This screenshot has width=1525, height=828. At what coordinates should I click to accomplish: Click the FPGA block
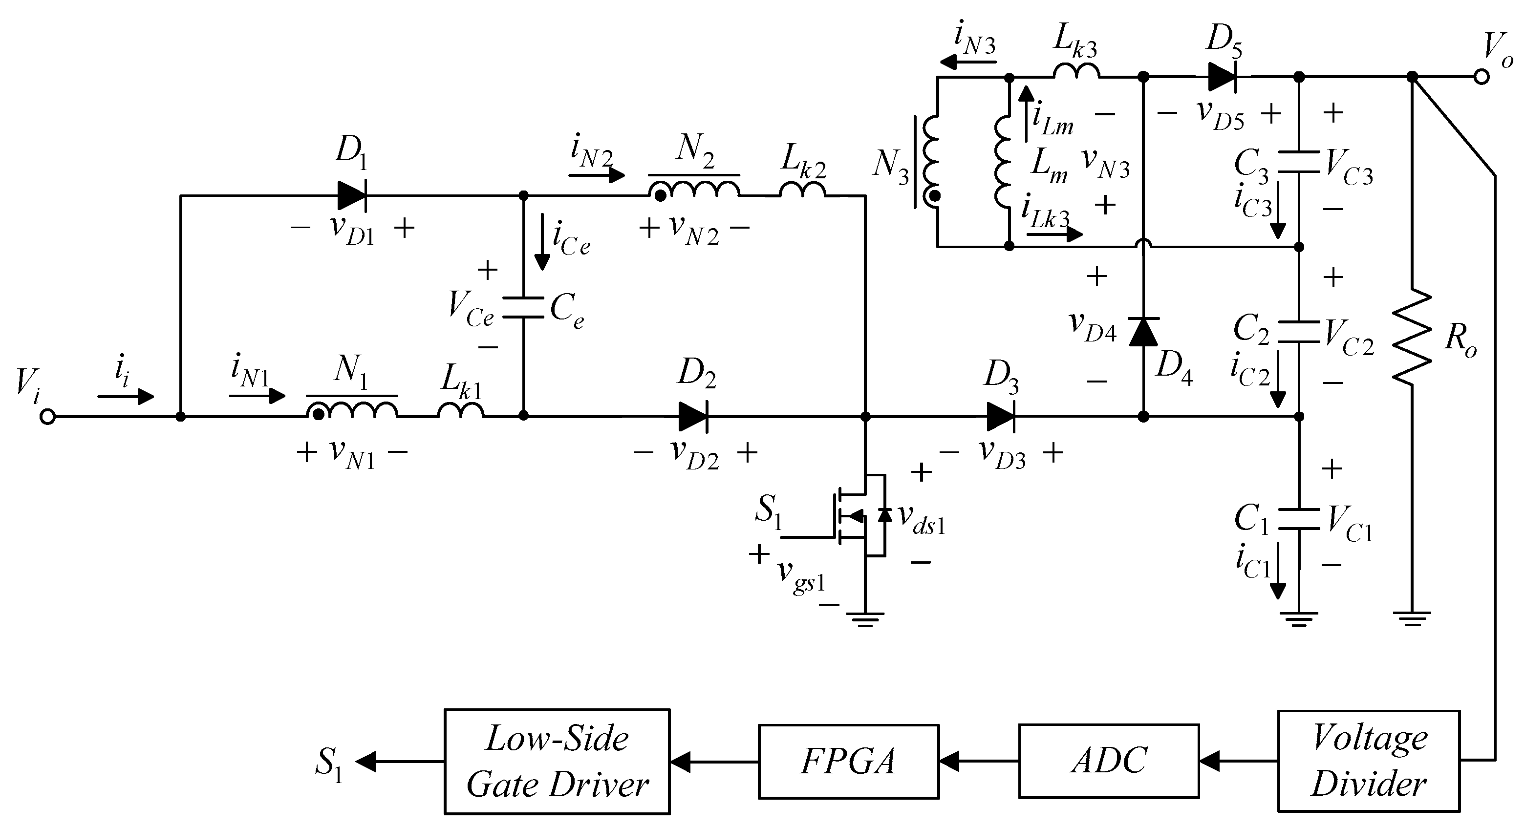coord(848,761)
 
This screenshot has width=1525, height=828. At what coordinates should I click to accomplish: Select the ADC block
coord(1108,761)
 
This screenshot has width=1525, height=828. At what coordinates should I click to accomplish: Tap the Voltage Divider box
coord(1368,761)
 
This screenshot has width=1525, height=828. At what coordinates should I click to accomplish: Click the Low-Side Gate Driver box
coord(557,761)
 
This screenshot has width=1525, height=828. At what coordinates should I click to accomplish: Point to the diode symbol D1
coord(352,195)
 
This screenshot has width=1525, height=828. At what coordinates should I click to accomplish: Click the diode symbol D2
coord(693,417)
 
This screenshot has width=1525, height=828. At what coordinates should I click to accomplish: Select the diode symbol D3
coord(1001,417)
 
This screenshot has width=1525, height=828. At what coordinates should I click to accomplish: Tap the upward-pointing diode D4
coord(1143,331)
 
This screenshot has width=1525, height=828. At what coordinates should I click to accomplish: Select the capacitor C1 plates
coord(1298,518)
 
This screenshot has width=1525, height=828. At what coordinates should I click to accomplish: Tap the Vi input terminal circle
coord(47,417)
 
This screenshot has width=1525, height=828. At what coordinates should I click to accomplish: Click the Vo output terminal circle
coord(1481,77)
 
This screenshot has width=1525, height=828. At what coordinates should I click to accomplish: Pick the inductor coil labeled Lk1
coord(461,410)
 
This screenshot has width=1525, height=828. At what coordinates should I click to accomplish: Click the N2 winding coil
coord(694,188)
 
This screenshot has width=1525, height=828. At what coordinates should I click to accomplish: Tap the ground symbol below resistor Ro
coord(1413,619)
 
